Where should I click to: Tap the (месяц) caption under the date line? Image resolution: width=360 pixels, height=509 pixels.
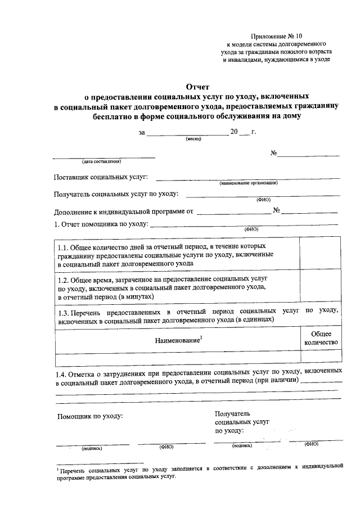[x=193, y=139]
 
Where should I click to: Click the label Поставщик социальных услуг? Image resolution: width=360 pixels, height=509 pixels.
[x=101, y=178]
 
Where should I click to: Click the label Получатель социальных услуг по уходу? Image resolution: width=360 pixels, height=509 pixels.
[x=116, y=195]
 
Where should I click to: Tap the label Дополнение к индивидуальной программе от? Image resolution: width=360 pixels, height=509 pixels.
[x=123, y=212]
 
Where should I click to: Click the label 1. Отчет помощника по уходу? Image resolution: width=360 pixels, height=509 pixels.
[x=101, y=225]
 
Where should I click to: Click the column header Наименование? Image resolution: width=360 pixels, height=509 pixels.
[x=178, y=340]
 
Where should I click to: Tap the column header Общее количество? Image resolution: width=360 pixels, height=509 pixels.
[x=321, y=337]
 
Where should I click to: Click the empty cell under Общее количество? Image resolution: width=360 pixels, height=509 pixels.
[x=321, y=359]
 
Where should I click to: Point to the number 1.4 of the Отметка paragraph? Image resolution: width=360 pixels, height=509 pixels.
[x=61, y=372]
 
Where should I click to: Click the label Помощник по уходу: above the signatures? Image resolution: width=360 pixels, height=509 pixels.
[x=90, y=417]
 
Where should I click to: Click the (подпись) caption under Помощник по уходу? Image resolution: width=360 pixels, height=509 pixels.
[x=91, y=448]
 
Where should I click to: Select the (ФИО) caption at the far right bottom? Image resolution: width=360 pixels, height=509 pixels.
[x=311, y=444]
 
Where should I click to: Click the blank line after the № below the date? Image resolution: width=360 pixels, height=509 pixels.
[x=308, y=154]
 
